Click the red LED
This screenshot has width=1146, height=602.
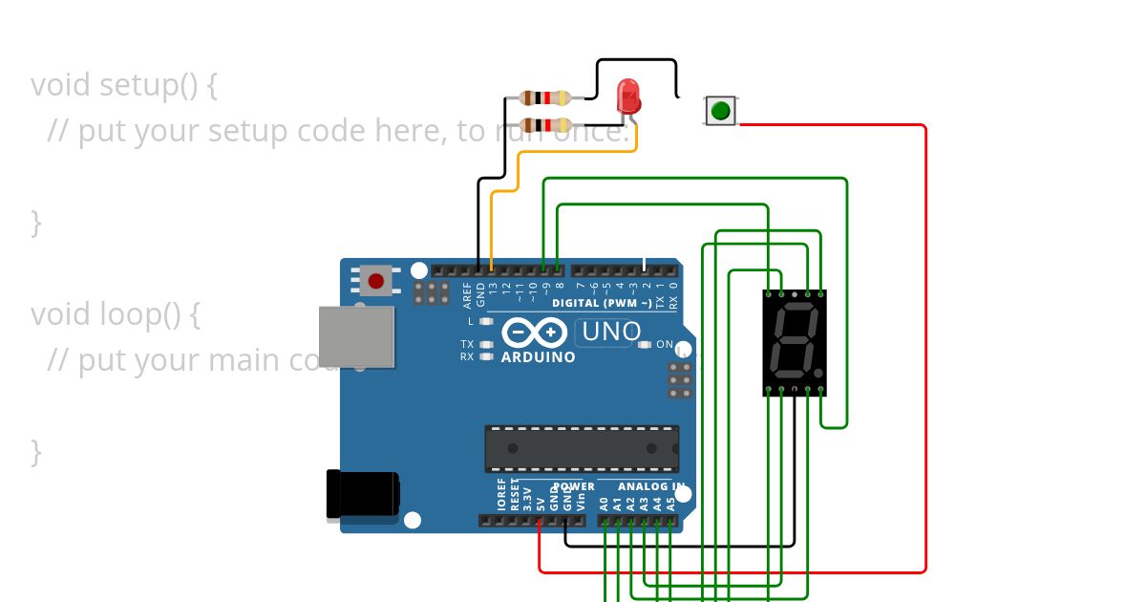(628, 96)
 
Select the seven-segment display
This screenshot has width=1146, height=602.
(795, 342)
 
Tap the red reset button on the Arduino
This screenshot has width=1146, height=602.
(376, 281)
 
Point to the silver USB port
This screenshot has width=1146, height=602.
(356, 336)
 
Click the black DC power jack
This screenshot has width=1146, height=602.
(362, 494)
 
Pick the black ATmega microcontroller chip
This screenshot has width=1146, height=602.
(582, 448)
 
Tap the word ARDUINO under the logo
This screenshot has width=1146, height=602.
(539, 357)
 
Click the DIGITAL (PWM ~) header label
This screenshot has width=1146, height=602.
(602, 303)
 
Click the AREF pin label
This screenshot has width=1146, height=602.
(467, 293)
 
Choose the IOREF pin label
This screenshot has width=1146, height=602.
(501, 494)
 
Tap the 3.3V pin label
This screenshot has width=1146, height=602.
(527, 495)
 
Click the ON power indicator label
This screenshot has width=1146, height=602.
(665, 344)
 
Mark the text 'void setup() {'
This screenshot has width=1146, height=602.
(124, 85)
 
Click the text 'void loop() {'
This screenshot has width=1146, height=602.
(115, 313)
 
